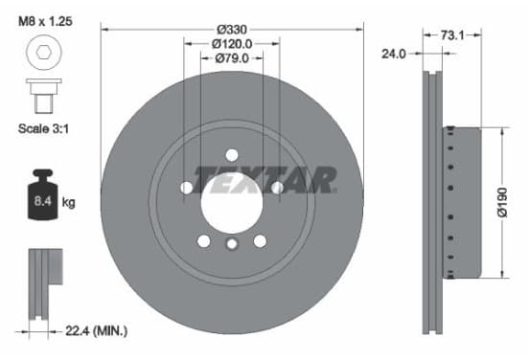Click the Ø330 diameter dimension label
232,30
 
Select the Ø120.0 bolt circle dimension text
232,44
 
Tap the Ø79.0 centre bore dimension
232,58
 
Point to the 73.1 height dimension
452,35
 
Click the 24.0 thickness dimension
394,54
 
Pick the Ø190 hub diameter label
502,203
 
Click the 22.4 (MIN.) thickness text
97,331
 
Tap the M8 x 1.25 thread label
45,22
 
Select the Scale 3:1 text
43,128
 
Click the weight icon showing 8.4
42,194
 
